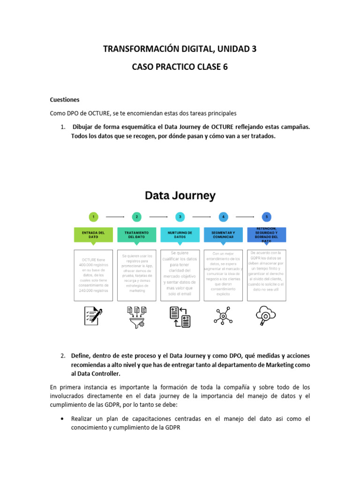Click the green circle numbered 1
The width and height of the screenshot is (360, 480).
(94, 217)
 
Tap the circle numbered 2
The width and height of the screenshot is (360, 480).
(137, 217)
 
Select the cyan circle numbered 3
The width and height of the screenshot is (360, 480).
(180, 217)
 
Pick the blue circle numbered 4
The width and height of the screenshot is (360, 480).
(224, 217)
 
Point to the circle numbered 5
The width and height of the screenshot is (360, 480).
(267, 217)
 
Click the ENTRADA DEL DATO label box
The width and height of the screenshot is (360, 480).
(94, 235)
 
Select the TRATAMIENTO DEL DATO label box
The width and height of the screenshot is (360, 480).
(137, 235)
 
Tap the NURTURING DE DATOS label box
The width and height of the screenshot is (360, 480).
(180, 235)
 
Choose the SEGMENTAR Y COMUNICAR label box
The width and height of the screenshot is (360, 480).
(224, 235)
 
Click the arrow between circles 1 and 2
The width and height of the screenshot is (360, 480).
(115, 217)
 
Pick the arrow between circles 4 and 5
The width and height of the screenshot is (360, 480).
(245, 217)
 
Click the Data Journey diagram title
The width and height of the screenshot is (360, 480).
(180, 195)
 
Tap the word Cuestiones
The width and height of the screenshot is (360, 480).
(65, 100)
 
